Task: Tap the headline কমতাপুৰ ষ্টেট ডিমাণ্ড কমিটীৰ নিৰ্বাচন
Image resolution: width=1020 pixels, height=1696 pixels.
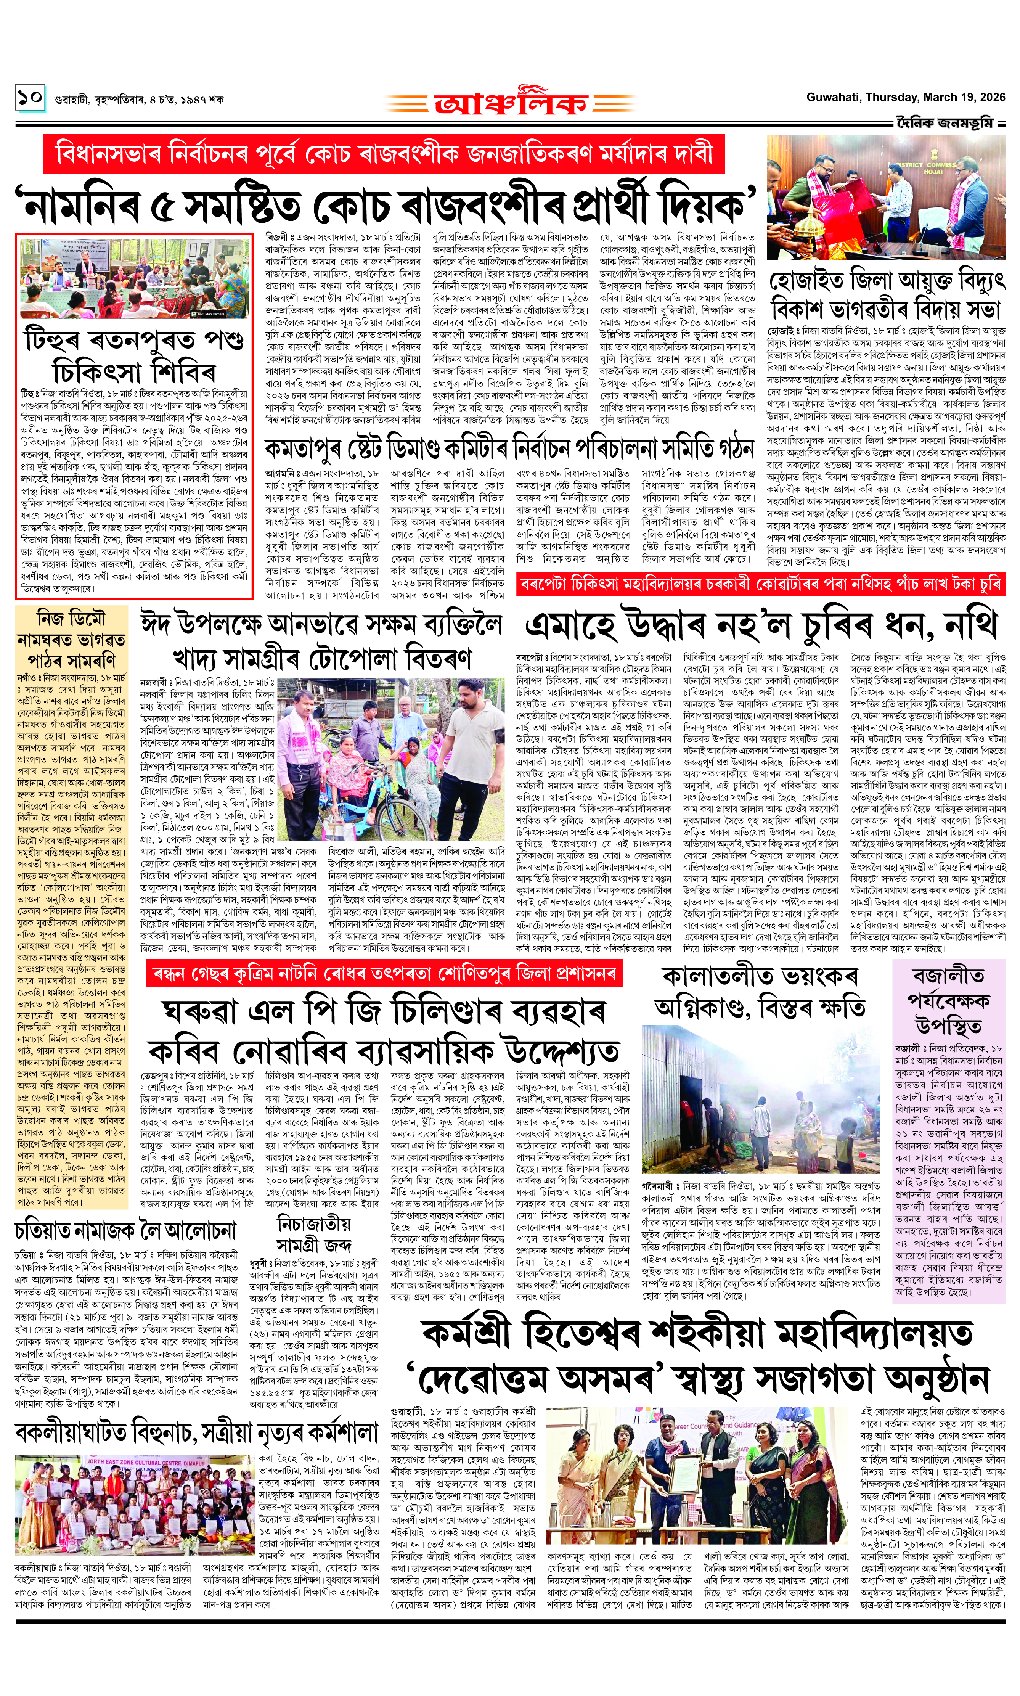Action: click(509, 449)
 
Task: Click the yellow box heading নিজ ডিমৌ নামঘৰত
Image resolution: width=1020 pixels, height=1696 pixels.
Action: click(71, 639)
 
